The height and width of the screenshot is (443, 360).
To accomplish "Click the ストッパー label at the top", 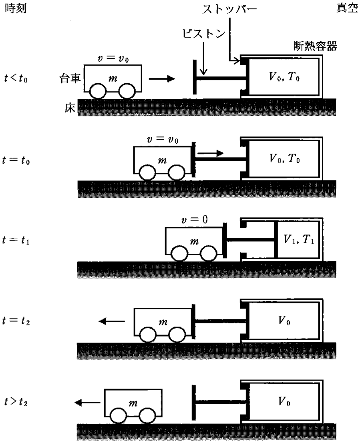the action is [x=229, y=10].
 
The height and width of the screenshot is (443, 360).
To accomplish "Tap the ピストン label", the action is [x=203, y=34].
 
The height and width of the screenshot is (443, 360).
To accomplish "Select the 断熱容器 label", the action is [x=315, y=46].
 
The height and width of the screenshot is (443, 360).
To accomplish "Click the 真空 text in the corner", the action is [x=347, y=8].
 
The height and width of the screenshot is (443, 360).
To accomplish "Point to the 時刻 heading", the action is [x=16, y=8].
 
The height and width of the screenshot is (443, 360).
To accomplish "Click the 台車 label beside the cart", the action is [x=70, y=78].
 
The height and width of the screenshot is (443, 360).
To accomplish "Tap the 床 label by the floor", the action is [x=70, y=108].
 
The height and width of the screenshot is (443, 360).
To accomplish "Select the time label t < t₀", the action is [x=16, y=78].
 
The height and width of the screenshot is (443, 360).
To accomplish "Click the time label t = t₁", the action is [x=16, y=240].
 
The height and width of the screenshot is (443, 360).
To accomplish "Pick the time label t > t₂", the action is [x=16, y=401].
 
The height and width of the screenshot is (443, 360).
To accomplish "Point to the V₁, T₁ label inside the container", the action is [x=299, y=240].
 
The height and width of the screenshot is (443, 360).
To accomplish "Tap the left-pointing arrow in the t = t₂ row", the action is [x=112, y=321].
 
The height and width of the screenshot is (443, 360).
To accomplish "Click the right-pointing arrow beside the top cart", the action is [x=162, y=78].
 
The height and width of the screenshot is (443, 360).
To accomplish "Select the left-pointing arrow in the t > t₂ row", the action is [x=87, y=402].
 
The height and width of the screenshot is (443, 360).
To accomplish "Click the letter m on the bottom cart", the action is [x=133, y=403].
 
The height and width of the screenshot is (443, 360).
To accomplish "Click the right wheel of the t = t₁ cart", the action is [x=209, y=253].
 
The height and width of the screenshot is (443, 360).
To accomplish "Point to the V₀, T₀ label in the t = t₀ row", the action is [x=284, y=158].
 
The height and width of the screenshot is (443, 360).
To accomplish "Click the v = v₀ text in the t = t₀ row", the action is [x=163, y=139].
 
